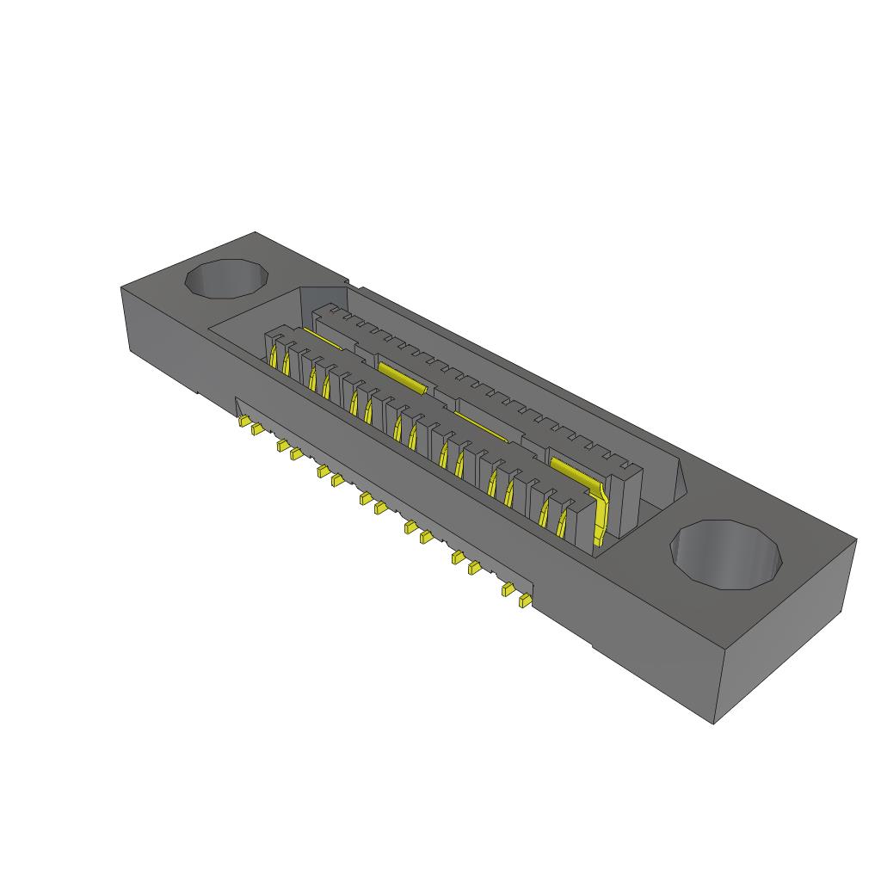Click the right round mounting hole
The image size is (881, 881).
(727, 556)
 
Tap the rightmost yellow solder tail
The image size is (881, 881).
(523, 602)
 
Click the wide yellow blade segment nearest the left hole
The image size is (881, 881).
(401, 376)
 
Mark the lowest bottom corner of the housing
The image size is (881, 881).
(715, 723)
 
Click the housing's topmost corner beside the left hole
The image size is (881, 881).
(256, 232)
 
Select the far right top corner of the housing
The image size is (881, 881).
(856, 540)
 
